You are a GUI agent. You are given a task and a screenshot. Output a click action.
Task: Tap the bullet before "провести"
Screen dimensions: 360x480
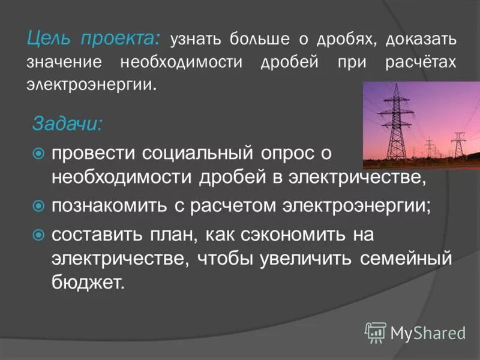[39, 154]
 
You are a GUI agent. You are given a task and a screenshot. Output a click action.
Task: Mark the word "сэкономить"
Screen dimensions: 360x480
[292, 235]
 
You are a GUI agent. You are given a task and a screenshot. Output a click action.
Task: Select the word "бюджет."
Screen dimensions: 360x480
[88, 283]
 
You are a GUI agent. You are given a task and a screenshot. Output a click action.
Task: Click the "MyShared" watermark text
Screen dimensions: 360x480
[428, 332]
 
